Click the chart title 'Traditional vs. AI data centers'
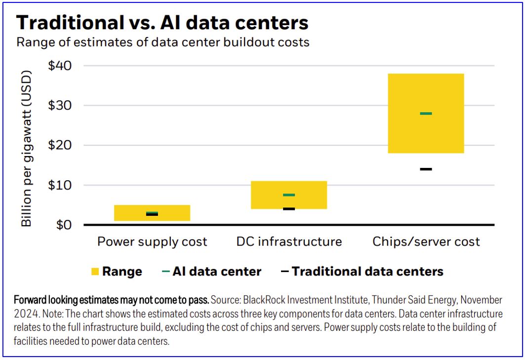click(162, 23)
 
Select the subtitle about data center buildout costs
click(163, 42)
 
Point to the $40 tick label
click(60, 66)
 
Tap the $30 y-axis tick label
click(60, 106)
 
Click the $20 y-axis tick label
click(60, 145)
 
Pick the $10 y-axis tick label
click(60, 185)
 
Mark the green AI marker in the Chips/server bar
click(426, 114)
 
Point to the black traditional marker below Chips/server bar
click(426, 169)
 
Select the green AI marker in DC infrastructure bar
click(289, 195)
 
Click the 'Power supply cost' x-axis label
click(152, 242)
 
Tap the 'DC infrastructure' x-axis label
click(289, 242)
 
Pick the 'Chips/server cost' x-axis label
click(426, 242)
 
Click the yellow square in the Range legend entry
click(95, 272)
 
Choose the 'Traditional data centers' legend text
click(367, 272)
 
